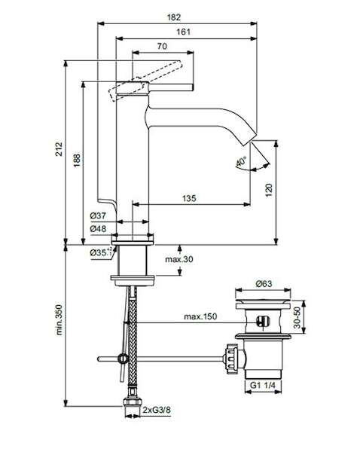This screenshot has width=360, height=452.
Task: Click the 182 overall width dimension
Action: pyautogui.click(x=174, y=17)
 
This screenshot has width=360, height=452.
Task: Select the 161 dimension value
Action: pyautogui.click(x=183, y=32)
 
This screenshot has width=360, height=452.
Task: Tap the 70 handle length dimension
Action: pyautogui.click(x=162, y=46)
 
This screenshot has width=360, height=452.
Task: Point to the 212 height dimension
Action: pyautogui.click(x=59, y=148)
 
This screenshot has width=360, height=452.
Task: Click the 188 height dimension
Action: pyautogui.click(x=76, y=160)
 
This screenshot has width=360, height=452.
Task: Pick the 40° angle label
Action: pyautogui.click(x=241, y=162)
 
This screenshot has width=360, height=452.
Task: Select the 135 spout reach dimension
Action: pyautogui.click(x=189, y=198)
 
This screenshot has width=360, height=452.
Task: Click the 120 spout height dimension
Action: pyautogui.click(x=269, y=190)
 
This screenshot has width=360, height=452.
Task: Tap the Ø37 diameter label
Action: pyautogui.click(x=98, y=215)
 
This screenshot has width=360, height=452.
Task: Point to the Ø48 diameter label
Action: pyautogui.click(x=98, y=229)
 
